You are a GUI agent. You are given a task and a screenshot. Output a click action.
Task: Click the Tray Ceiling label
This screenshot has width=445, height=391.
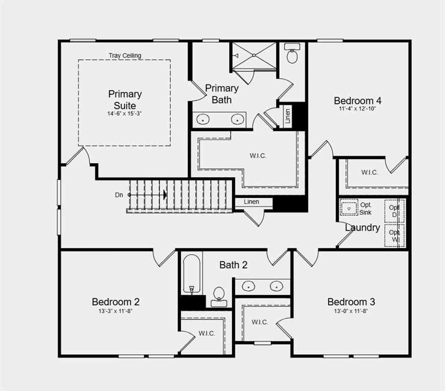click(x=125, y=55)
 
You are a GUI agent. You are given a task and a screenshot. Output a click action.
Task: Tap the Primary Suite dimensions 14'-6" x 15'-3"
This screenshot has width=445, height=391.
click(x=124, y=114)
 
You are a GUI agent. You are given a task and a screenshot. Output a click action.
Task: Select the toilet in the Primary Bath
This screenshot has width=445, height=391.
click(x=292, y=54)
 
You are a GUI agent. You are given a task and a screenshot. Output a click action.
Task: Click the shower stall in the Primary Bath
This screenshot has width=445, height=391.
click(x=253, y=55)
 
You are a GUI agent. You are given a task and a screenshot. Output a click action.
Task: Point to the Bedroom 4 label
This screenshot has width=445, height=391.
click(x=357, y=100)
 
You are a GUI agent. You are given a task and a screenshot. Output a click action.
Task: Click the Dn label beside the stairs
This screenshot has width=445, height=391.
click(x=119, y=195)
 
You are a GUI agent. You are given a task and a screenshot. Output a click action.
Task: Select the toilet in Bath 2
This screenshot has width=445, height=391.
click(x=219, y=295)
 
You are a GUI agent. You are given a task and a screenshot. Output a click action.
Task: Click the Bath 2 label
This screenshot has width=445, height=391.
click(x=233, y=265)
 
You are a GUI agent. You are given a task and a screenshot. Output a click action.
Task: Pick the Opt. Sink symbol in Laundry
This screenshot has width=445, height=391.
click(x=349, y=208)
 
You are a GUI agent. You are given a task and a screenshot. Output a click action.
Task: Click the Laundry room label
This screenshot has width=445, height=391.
click(x=362, y=228)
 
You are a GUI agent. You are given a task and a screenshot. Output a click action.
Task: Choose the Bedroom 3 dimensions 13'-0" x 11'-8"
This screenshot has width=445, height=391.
click(x=351, y=311)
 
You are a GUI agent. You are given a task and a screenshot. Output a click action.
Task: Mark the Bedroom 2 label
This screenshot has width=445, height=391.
click(x=116, y=302)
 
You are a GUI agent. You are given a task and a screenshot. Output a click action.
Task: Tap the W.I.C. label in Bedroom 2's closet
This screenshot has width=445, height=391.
click(x=206, y=333)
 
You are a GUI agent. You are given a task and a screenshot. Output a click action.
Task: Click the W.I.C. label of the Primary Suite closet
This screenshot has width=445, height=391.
click(x=258, y=156)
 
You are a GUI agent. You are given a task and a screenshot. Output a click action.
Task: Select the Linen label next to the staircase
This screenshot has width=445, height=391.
click(x=251, y=202)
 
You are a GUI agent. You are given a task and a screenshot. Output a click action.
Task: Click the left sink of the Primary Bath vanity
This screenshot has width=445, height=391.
click(x=203, y=120)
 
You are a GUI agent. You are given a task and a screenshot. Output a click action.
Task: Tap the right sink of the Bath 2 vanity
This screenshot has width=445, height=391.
click(x=276, y=286)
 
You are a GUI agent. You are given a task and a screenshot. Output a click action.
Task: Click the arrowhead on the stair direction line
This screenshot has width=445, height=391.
click(x=165, y=195)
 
